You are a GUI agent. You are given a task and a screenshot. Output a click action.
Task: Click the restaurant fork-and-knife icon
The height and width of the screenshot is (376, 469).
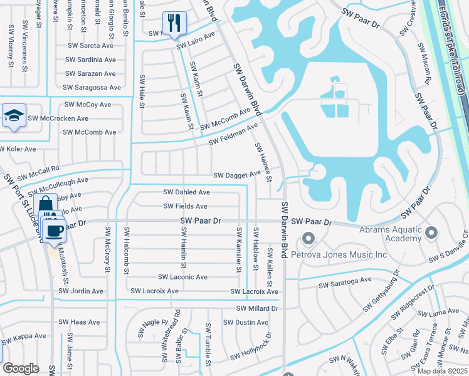click(x=174, y=24)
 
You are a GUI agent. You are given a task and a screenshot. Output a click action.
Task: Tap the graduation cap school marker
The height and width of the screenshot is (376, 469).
click(x=14, y=116)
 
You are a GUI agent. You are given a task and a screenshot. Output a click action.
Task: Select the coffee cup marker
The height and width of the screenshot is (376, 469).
click(x=55, y=230)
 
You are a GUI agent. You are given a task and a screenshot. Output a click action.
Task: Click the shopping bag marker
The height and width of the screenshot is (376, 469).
click(x=46, y=205)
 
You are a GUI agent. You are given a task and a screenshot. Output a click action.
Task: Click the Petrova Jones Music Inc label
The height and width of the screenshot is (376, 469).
click(x=352, y=254)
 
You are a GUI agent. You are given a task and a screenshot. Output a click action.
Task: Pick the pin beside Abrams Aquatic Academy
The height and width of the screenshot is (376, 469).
click(x=431, y=233)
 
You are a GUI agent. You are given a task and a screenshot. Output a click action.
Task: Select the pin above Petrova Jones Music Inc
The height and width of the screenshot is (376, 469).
click(x=308, y=238)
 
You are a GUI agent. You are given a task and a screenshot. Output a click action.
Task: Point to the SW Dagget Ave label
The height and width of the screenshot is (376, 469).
click(x=237, y=175)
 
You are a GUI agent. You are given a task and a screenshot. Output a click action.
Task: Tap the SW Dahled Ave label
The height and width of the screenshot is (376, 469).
click(x=186, y=192)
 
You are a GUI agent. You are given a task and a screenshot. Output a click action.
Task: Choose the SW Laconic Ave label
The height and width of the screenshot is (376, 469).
click(x=182, y=277)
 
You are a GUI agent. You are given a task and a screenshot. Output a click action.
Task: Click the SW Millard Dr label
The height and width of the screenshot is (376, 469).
click(x=257, y=308)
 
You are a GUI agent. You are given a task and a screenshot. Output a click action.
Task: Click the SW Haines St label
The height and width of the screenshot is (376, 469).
click(x=263, y=162)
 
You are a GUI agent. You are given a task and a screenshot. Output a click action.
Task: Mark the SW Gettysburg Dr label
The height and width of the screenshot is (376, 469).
click(x=381, y=292)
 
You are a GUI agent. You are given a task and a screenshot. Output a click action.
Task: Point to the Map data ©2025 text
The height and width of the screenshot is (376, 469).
click(x=443, y=371)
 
